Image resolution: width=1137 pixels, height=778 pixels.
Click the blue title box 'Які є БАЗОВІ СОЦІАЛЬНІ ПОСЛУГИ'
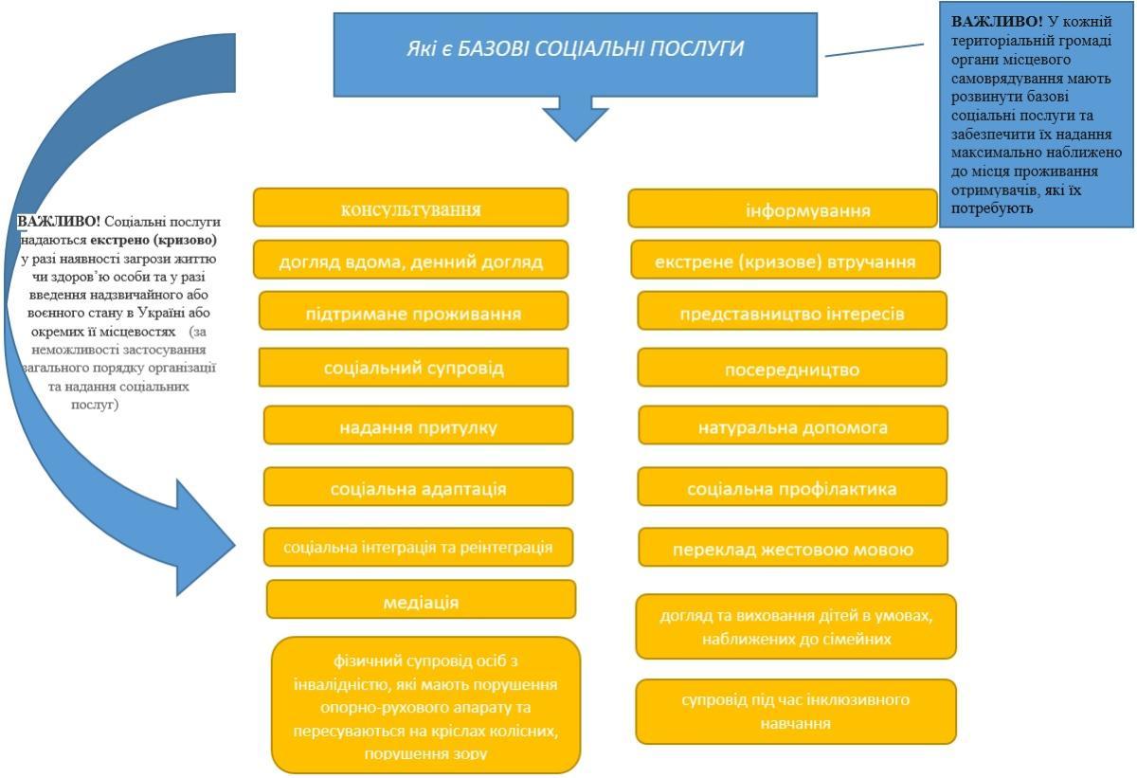point(574,53)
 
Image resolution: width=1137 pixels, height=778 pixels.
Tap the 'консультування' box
point(410,208)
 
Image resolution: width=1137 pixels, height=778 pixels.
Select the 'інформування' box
point(782,208)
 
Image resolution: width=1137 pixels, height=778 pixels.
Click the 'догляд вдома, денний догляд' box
point(410,260)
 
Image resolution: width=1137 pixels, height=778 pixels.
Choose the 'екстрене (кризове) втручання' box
point(785,260)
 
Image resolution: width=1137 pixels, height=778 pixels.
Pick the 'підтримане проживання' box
point(413,311)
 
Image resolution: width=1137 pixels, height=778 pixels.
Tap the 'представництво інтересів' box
point(791,311)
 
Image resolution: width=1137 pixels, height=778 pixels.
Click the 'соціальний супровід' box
point(413,367)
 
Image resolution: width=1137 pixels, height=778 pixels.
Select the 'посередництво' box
point(791,368)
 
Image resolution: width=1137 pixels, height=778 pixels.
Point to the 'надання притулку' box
point(418,425)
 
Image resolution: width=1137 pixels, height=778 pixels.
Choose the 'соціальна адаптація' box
point(418,487)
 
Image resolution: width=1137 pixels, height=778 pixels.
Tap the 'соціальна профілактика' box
point(791,487)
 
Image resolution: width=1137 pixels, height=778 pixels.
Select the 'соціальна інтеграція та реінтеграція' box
point(418,547)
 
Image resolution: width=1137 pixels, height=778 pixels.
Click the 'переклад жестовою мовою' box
point(792,548)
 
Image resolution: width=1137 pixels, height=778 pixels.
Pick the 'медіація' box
point(421,600)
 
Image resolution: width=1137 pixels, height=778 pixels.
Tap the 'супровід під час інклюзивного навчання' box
point(796,711)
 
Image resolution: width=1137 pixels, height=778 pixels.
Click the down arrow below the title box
point(575,118)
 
